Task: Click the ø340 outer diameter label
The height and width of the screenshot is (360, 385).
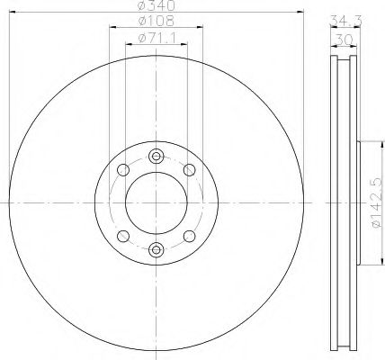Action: pos(156,6)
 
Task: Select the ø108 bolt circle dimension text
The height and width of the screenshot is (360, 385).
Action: pos(156,22)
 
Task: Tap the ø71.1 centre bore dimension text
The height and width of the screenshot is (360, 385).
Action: pos(156,38)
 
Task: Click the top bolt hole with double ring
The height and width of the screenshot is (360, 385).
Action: pos(156,153)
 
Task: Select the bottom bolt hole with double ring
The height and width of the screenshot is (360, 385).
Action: pos(156,250)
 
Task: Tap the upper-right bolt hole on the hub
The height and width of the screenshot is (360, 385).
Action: pos(189,169)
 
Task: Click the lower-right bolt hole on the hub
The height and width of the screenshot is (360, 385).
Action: pos(189,235)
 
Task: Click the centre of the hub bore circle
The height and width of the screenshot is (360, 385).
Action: pos(156,202)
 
